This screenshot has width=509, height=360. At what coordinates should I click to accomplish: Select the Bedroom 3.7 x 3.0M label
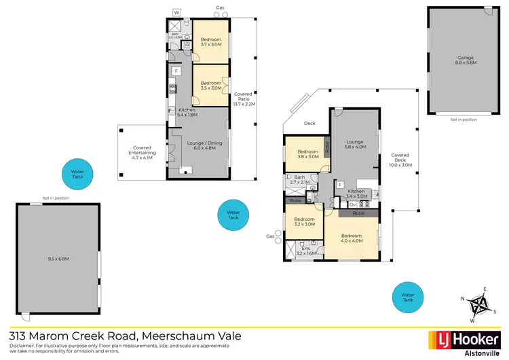coord(211,41)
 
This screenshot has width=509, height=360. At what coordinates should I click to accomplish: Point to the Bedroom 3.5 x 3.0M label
coord(211,85)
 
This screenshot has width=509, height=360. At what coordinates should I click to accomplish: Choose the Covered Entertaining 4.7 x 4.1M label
coord(143,151)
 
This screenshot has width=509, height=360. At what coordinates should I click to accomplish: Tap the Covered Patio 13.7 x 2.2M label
coord(243,98)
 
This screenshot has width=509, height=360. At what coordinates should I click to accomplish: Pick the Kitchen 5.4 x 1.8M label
coord(188,112)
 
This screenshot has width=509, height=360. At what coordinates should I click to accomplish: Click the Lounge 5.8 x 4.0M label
coord(355,143)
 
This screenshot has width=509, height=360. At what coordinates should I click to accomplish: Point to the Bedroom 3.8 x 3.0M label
coord(307,154)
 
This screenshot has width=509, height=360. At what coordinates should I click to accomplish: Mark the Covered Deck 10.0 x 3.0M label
coord(400,160)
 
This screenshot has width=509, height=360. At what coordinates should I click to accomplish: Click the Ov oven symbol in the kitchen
coord(353,204)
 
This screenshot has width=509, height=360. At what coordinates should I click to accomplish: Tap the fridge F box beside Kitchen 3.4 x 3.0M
coord(339,184)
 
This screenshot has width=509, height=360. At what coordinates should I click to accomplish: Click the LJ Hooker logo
coord(455,338)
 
